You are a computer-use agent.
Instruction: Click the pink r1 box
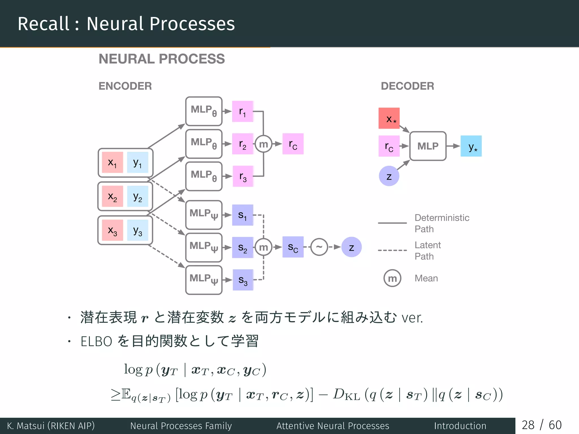pos(243,111)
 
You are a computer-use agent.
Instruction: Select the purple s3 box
pos(243,280)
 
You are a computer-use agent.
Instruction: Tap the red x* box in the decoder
pos(389,118)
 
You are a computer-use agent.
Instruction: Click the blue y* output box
pos(471,146)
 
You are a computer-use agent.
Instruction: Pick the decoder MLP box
pos(428,146)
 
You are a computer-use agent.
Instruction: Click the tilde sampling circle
pos(319,247)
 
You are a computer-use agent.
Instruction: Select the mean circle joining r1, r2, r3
pos(263,144)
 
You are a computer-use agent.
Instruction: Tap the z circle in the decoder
pos(389,176)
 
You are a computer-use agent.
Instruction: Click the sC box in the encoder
pos(293,247)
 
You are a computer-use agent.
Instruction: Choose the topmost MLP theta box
pos(204,111)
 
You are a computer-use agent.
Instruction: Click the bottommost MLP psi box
pos(204,280)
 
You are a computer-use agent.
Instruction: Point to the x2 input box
pos(113,196)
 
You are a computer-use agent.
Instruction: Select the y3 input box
pos(138,230)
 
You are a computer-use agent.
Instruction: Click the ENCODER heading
pos(125,86)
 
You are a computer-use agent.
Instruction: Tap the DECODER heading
pos(407,86)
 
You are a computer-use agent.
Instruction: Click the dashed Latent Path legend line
pos(392,250)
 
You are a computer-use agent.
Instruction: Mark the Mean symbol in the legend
pos(392,278)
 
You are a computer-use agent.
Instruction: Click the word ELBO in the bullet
pos(96,341)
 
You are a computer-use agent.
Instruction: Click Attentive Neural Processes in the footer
pos(333,426)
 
